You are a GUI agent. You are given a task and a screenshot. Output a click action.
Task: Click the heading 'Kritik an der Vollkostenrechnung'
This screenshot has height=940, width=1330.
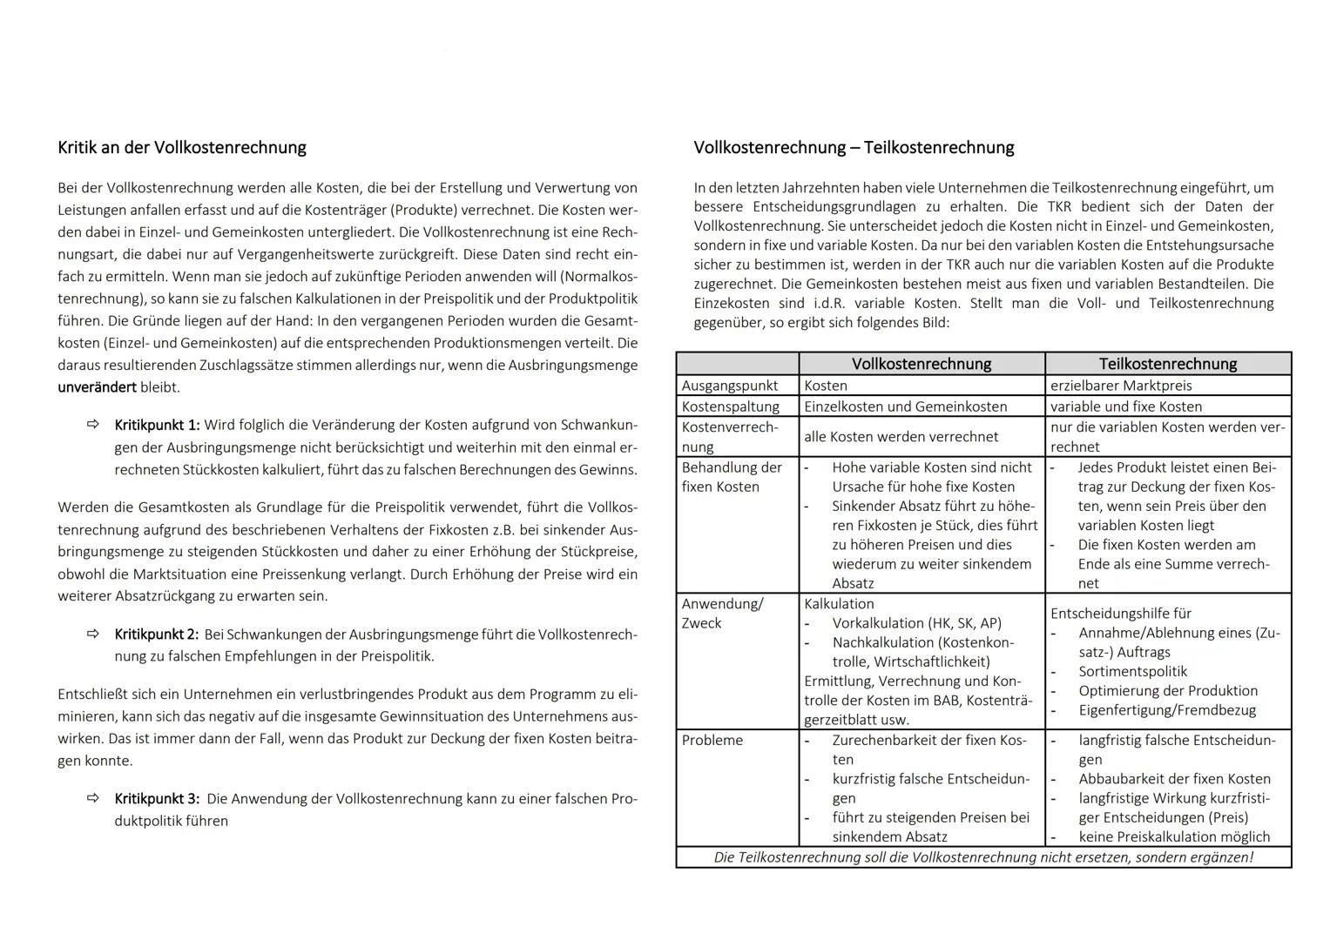[x=181, y=147]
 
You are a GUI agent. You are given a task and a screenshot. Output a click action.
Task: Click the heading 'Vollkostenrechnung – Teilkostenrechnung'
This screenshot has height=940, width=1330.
[x=854, y=147]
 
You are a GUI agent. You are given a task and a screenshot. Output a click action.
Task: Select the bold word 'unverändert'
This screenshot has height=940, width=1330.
[x=97, y=386]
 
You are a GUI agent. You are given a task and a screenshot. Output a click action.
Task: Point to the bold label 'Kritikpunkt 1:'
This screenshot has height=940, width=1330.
[x=157, y=425]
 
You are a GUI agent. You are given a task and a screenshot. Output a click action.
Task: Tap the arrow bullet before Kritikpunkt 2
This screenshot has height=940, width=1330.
[x=93, y=634]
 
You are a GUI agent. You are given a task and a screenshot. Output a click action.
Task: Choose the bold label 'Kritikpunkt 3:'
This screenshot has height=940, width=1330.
[x=157, y=798]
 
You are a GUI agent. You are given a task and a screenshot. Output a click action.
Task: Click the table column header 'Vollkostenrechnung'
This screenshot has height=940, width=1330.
[x=921, y=364]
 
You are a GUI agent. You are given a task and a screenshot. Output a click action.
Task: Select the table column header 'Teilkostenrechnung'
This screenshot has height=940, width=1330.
[x=1167, y=364]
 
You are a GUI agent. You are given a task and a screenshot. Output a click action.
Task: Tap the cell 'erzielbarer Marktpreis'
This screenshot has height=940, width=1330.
[x=1121, y=386]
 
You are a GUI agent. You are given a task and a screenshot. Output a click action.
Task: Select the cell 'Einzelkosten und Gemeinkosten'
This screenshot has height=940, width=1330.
[x=905, y=406]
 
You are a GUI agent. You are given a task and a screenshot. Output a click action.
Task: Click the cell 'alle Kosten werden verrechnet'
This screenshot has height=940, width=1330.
[x=901, y=437]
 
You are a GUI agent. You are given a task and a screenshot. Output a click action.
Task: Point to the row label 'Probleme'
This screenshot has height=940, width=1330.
[x=712, y=740]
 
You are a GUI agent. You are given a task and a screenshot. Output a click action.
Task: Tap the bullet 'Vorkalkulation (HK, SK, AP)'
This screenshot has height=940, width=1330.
[x=916, y=623]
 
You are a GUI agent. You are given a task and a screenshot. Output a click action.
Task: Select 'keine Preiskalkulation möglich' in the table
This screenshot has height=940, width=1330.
[x=1174, y=836]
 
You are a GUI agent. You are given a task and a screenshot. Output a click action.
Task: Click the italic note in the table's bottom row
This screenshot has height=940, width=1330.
[x=983, y=857]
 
